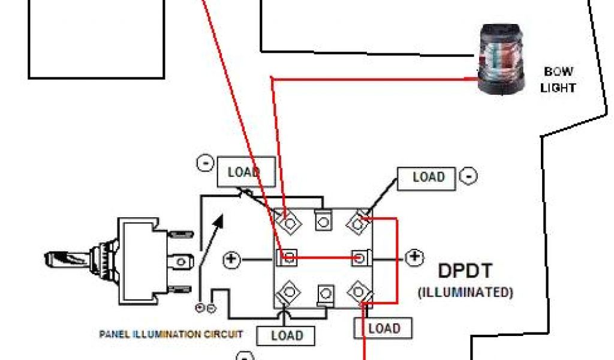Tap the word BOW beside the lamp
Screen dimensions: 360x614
[558, 72]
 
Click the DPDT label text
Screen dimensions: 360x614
[465, 271]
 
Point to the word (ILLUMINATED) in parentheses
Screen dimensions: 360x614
[465, 293]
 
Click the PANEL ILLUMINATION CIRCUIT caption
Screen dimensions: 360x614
[171, 334]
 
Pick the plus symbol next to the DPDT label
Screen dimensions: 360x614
[414, 258]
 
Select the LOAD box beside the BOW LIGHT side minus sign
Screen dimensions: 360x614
[428, 178]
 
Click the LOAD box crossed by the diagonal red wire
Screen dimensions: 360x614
[245, 172]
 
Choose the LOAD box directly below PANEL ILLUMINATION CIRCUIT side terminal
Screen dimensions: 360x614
[287, 335]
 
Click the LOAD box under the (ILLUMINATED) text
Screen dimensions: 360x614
[384, 328]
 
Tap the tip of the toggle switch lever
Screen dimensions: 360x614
[50, 260]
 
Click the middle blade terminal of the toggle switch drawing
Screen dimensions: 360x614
[182, 261]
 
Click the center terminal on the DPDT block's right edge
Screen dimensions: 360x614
[359, 258]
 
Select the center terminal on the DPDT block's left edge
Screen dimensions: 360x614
[288, 258]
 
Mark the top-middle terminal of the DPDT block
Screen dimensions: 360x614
[324, 221]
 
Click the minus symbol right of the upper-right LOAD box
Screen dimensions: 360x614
[468, 176]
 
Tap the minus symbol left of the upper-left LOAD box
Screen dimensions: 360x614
[205, 163]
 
